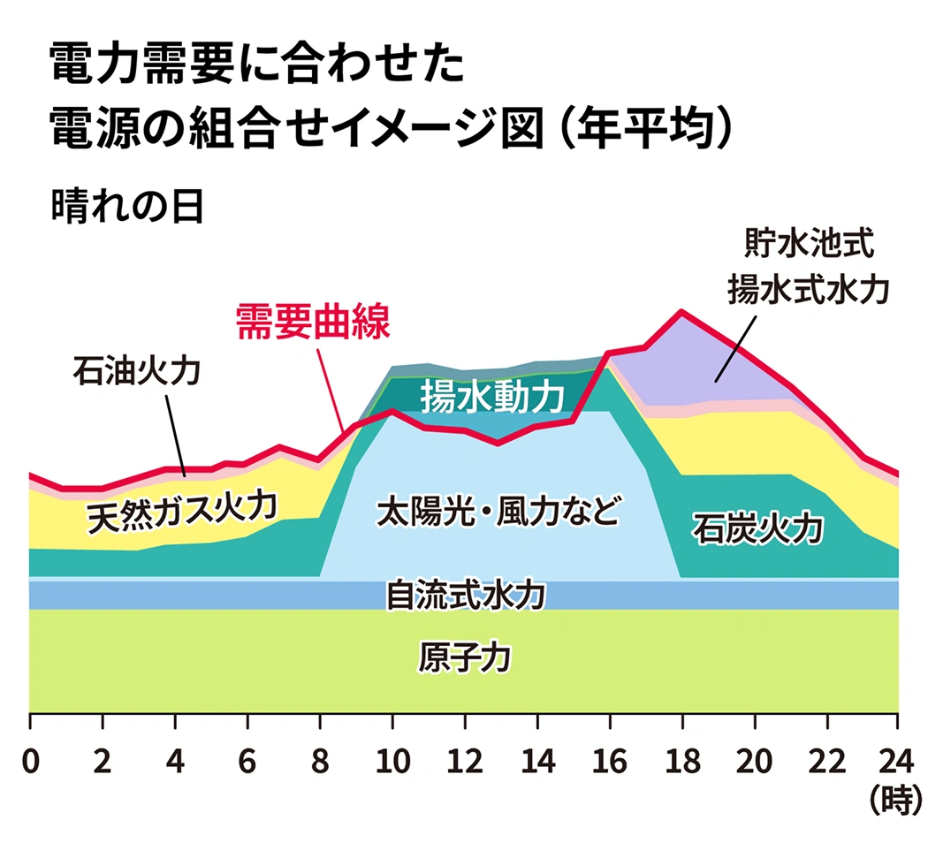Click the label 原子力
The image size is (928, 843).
point(464,658)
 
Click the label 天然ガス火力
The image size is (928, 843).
point(182,512)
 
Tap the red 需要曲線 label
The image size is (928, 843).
point(312,323)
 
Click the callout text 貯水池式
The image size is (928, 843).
point(810,240)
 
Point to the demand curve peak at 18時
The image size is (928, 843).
point(681,311)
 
